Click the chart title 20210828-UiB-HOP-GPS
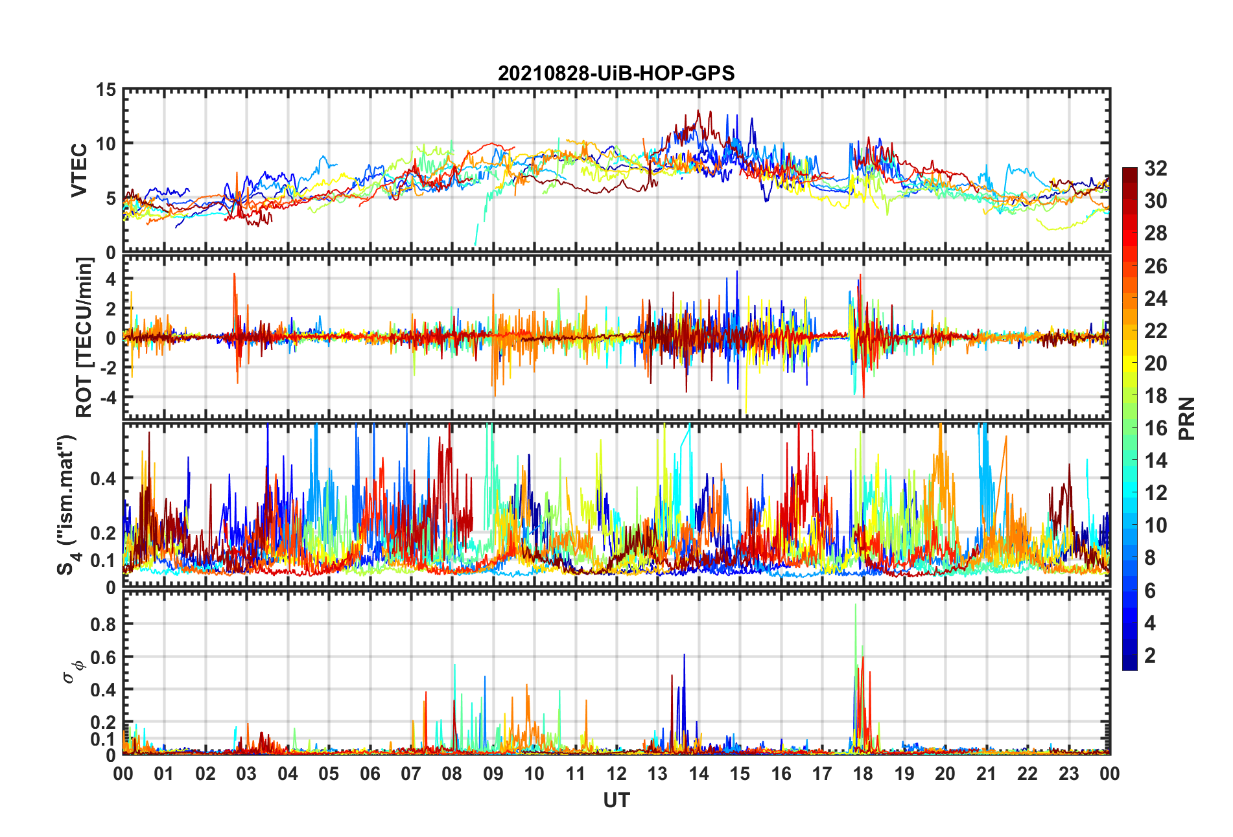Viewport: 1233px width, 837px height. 616,73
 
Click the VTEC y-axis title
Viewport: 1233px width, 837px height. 79,170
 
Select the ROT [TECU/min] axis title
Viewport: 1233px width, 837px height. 84,337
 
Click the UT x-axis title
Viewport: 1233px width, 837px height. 616,801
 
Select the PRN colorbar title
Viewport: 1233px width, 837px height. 1186,418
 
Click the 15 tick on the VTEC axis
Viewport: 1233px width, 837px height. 106,90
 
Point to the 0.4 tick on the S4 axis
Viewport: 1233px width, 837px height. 103,479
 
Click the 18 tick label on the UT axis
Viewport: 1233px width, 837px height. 863,774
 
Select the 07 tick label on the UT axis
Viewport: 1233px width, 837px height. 411,774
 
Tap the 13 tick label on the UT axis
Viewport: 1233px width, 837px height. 657,774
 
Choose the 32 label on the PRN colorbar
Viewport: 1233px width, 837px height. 1155,168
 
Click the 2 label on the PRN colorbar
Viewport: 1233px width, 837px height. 1150,656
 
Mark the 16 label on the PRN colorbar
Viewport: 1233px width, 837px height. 1155,428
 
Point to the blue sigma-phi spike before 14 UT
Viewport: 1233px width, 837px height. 684,656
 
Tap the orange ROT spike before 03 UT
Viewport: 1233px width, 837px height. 235,275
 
